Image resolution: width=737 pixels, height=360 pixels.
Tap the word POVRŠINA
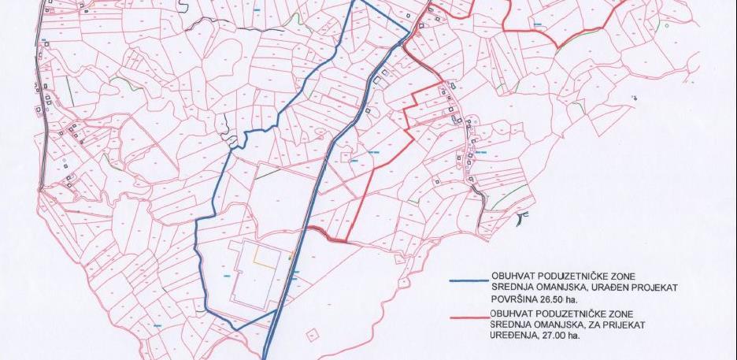click(517, 299)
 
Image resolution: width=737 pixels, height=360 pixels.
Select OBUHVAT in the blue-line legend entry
click(516, 273)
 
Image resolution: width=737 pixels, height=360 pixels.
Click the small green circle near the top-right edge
click(667, 25)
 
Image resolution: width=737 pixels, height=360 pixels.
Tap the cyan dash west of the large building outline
click(228, 275)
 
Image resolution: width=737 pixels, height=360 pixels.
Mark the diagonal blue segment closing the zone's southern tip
click(255, 320)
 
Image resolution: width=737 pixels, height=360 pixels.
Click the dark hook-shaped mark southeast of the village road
click(519, 217)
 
